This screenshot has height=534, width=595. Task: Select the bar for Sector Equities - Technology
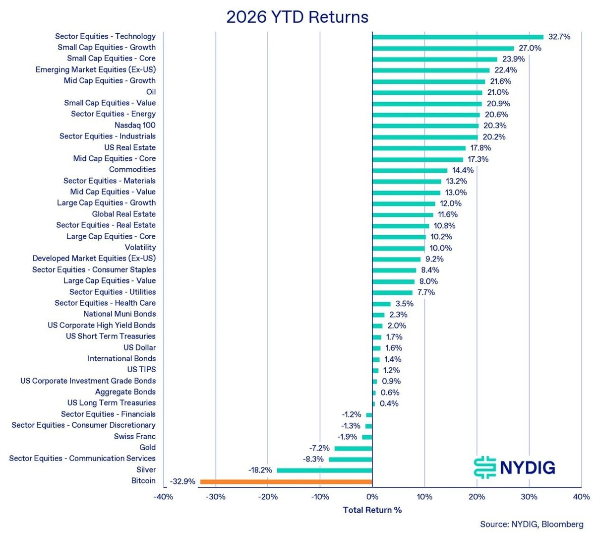click(x=458, y=37)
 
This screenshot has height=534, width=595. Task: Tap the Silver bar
click(x=324, y=470)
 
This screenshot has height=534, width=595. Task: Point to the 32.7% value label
click(x=559, y=37)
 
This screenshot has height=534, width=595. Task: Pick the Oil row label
click(x=151, y=92)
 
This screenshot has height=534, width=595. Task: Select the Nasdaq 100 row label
click(x=135, y=125)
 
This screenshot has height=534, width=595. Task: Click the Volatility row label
click(x=140, y=247)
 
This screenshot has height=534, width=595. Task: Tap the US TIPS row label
click(x=141, y=369)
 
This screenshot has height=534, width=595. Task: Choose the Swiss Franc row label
click(x=134, y=436)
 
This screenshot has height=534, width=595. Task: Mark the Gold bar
click(x=354, y=449)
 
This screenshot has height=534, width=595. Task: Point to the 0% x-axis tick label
click(x=372, y=497)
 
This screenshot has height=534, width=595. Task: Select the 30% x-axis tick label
click(x=529, y=497)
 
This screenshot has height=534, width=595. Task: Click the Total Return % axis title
click(x=372, y=510)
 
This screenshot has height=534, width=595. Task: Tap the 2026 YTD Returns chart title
click(x=297, y=17)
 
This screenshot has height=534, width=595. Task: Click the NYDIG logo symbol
click(x=484, y=467)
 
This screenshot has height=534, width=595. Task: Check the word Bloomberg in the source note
click(x=562, y=524)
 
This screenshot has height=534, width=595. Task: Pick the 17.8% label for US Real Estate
click(x=480, y=148)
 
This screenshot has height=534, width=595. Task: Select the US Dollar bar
click(x=376, y=348)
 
